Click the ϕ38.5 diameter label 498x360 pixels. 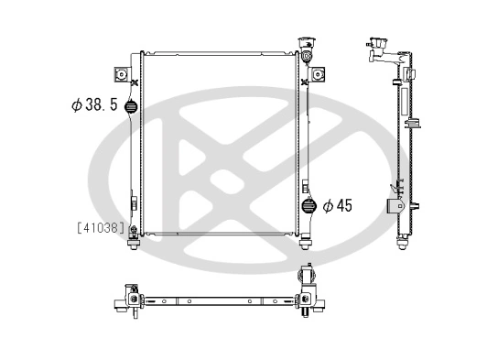point(94,104)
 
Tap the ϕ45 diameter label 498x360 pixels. point(338,205)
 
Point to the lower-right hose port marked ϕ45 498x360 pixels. point(308,206)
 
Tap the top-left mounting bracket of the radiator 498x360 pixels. point(119,73)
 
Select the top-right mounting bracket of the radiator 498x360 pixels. point(317,73)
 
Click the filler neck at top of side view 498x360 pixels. point(376,46)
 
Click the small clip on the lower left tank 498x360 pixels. point(134,204)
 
